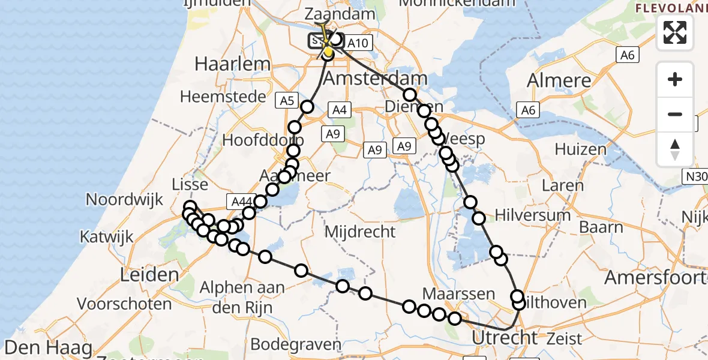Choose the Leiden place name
pos(149,275)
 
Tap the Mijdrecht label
pos(360,231)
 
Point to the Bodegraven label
pos(296,344)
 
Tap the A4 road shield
pos(340,110)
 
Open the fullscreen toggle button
pos(675,32)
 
